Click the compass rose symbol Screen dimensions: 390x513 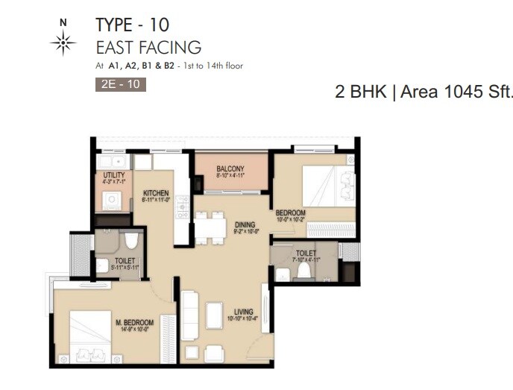pos(63,44)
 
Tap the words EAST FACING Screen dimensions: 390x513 pos(148,48)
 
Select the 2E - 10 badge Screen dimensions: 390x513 pos(121,84)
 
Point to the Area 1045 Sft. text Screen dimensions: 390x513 pos(457,92)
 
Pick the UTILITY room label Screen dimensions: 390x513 pos(113,175)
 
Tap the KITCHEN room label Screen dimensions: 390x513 pos(156,193)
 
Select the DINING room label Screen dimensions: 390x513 pos(244,224)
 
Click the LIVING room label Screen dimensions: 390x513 pos(243,312)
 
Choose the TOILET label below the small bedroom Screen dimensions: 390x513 pos(306,254)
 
